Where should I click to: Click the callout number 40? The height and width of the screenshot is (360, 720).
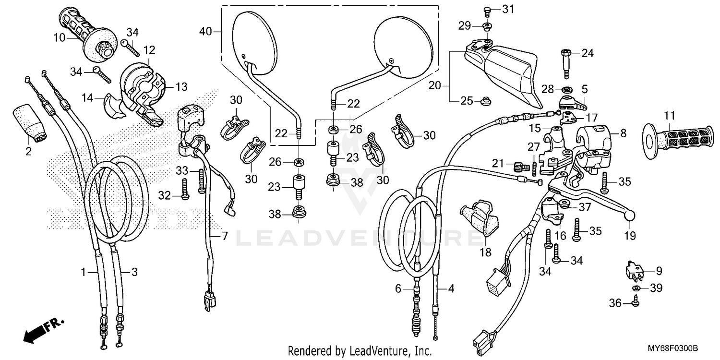[205, 32]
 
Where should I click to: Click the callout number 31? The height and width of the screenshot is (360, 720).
[508, 9]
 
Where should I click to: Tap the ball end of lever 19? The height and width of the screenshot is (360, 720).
[629, 216]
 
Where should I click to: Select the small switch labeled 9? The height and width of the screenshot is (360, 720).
[634, 270]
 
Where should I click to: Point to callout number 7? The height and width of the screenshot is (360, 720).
[224, 236]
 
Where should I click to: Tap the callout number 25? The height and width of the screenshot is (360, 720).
[466, 101]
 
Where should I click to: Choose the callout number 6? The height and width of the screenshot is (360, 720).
[398, 288]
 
